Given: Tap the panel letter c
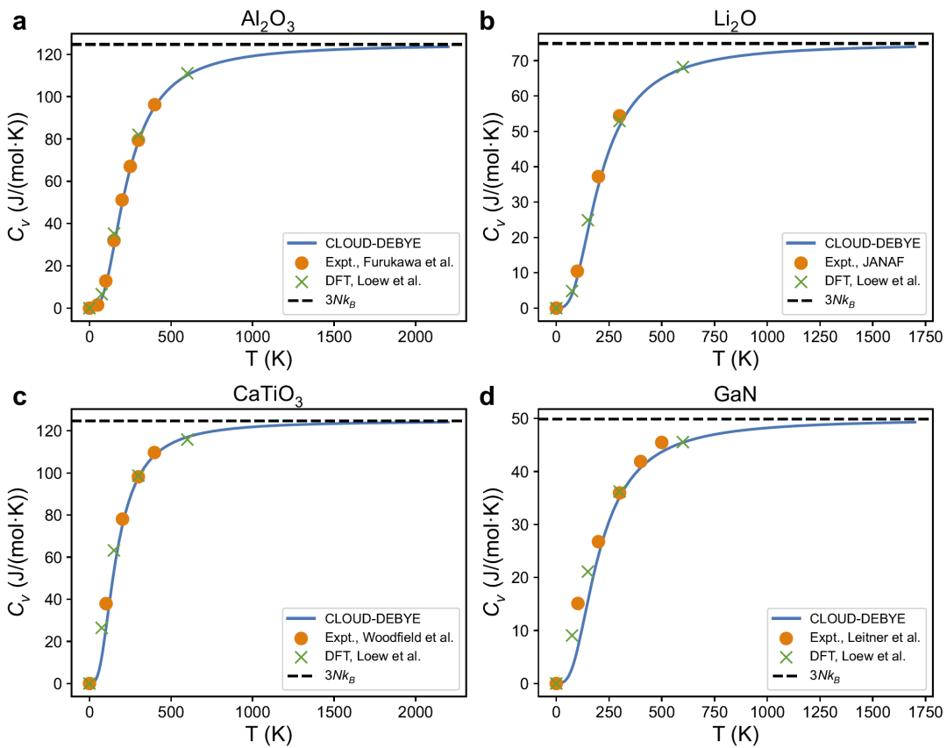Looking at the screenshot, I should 19,396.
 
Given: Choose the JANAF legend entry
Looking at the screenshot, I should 855,261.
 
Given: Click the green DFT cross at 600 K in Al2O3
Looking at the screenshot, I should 187,73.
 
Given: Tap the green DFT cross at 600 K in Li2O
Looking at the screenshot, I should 683,67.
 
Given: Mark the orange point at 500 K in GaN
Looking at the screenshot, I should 661,443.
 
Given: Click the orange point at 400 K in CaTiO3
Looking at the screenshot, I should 154,452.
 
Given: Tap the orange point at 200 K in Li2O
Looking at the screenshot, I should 598,176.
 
